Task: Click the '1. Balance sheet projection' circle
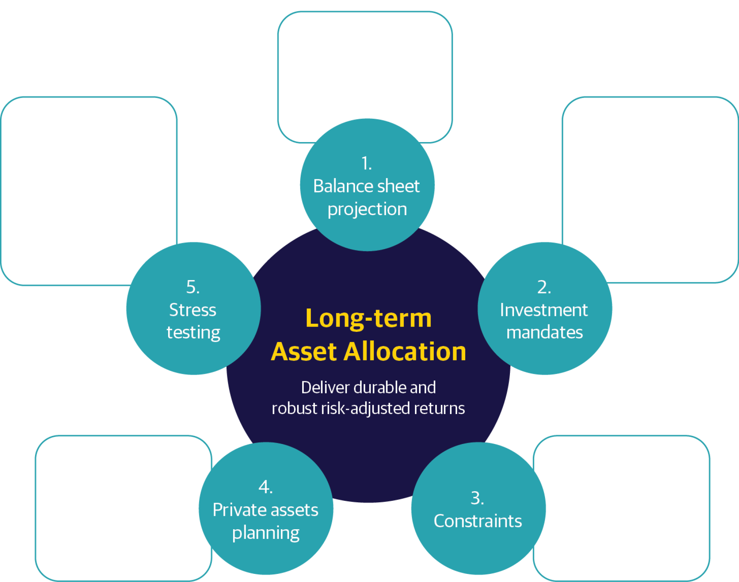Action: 367,185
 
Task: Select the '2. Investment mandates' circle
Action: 545,309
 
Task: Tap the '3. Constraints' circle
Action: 478,509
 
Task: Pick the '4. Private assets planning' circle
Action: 266,509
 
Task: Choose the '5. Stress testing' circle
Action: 193,309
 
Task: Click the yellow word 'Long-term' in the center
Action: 368,318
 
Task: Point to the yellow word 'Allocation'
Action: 405,351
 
